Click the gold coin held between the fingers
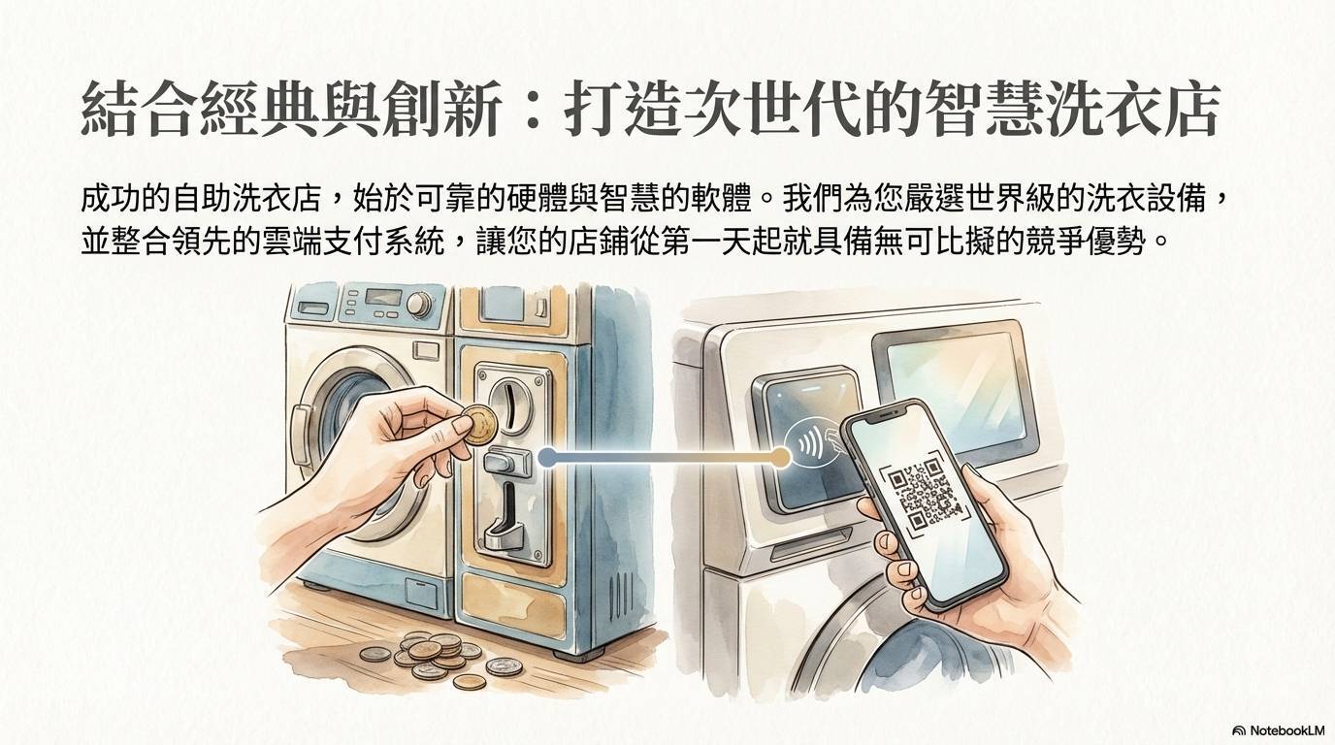coord(480,425)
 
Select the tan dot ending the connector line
coord(780,457)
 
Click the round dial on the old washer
coord(419,304)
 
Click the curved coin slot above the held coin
coord(508,406)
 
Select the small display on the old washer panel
coord(382,296)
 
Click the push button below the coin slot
coord(507,463)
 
